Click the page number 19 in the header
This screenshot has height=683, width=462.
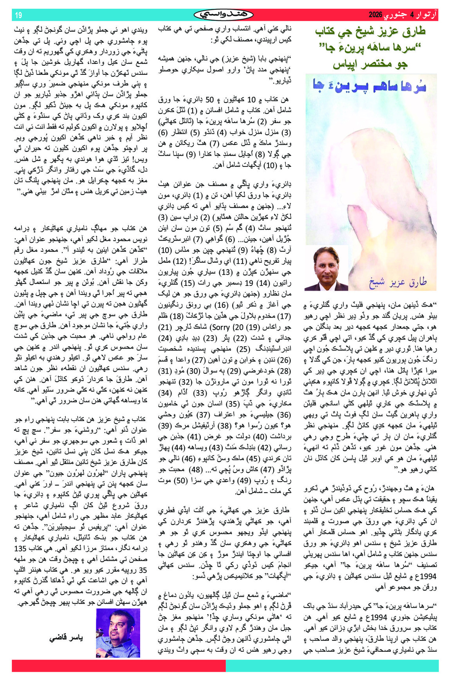18,15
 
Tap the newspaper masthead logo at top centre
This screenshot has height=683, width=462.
224,15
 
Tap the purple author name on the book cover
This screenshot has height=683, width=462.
398,282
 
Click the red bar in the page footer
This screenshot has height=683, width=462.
117,665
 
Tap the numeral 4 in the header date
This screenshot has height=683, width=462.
411,15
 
